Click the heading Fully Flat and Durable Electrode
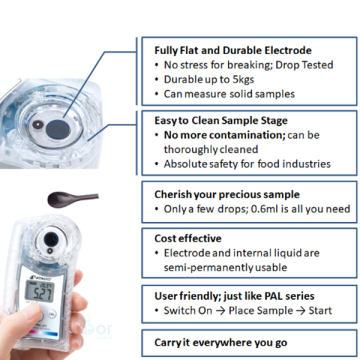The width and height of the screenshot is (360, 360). click(233, 50)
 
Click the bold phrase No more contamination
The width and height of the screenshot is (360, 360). click(224, 135)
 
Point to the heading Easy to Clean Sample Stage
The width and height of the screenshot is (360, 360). click(221, 120)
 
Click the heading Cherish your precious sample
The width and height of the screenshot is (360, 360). click(227, 194)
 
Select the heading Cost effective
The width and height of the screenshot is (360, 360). click(188, 238)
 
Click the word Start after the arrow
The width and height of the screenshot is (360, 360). click(320, 311)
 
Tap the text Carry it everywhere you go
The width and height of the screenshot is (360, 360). click(221, 343)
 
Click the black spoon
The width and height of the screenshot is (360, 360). click(73, 199)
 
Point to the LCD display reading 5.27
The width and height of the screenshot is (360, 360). click(40, 291)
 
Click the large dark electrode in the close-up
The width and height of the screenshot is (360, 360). click(58, 129)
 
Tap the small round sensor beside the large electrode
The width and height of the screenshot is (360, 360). click(38, 125)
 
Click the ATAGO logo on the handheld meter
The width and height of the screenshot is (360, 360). click(37, 277)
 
